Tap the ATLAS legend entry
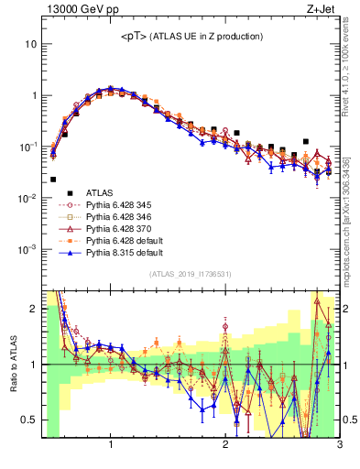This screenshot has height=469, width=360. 101,192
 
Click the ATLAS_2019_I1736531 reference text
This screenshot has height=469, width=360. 190,274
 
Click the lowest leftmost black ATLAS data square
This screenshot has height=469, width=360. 53,180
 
